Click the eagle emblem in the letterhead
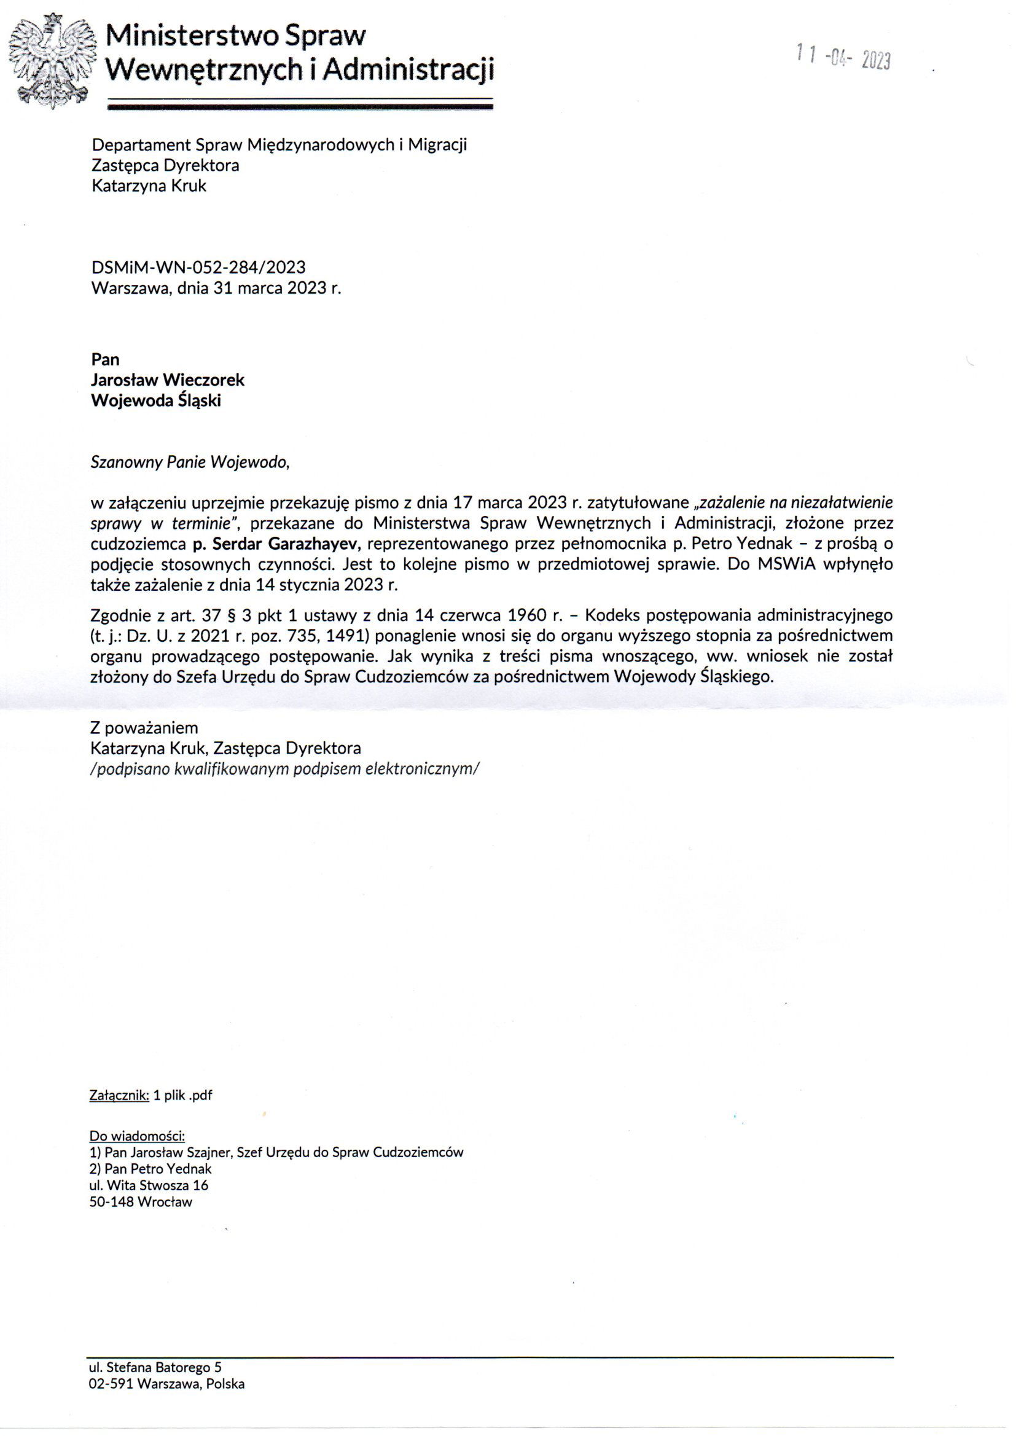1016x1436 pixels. coord(52,61)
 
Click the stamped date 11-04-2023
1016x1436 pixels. coord(843,58)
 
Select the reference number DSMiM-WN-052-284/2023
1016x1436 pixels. coord(198,268)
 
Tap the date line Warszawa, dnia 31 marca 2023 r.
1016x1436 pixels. coord(216,288)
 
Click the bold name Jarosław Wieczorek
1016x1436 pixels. coord(168,380)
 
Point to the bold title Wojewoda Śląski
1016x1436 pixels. coord(156,400)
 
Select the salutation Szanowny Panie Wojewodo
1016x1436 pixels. coord(190,462)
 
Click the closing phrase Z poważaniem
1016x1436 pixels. coord(144,728)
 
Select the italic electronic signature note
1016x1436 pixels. coord(284,768)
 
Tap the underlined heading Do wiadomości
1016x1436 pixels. coord(137,1136)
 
